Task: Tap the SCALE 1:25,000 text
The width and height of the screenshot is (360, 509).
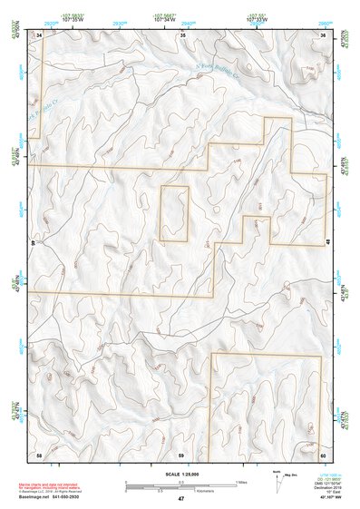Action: pyautogui.click(x=180, y=475)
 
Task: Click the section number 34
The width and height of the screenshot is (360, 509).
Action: pyautogui.click(x=39, y=34)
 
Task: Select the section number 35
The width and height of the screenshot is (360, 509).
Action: pyautogui.click(x=182, y=34)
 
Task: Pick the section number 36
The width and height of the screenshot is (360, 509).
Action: pyautogui.click(x=323, y=34)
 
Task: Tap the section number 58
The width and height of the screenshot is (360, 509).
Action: pyautogui.click(x=39, y=453)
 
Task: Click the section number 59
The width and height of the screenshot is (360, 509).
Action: pyautogui.click(x=181, y=453)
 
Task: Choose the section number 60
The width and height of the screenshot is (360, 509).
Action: pyautogui.click(x=322, y=453)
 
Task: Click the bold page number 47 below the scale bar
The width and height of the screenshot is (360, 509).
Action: pyautogui.click(x=180, y=499)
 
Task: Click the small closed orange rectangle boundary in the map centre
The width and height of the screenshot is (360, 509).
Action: pyautogui.click(x=173, y=213)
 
